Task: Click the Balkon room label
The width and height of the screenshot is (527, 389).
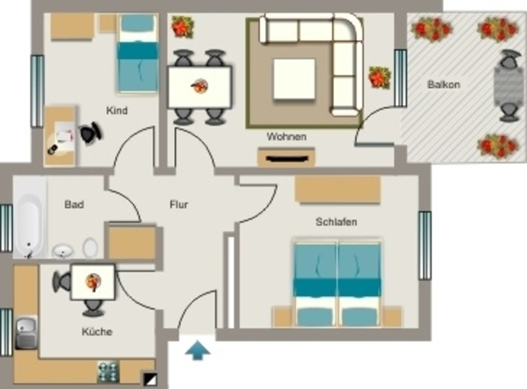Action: tap(444, 84)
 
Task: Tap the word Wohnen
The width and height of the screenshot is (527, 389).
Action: tap(286, 137)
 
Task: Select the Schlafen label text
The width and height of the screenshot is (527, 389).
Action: tap(336, 222)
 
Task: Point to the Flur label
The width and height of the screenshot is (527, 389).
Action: tap(179, 204)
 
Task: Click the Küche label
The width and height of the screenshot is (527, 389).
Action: tap(97, 331)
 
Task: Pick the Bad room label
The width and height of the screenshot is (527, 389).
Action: tap(74, 204)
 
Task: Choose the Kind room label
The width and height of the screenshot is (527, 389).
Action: tap(117, 110)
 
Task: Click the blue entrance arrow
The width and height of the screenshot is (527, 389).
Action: tap(198, 350)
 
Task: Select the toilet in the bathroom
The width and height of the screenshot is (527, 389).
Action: tap(90, 247)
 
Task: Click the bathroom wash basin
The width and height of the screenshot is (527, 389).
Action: tap(63, 251)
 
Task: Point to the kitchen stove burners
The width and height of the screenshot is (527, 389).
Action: tap(108, 372)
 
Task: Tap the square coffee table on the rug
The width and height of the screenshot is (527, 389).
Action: tap(294, 79)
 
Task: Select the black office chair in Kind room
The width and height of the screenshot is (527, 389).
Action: tap(91, 133)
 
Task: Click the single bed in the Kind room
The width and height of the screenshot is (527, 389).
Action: tap(137, 53)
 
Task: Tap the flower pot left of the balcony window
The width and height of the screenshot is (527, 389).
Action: tap(380, 78)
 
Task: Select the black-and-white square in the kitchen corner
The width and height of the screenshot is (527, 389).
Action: tap(150, 379)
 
